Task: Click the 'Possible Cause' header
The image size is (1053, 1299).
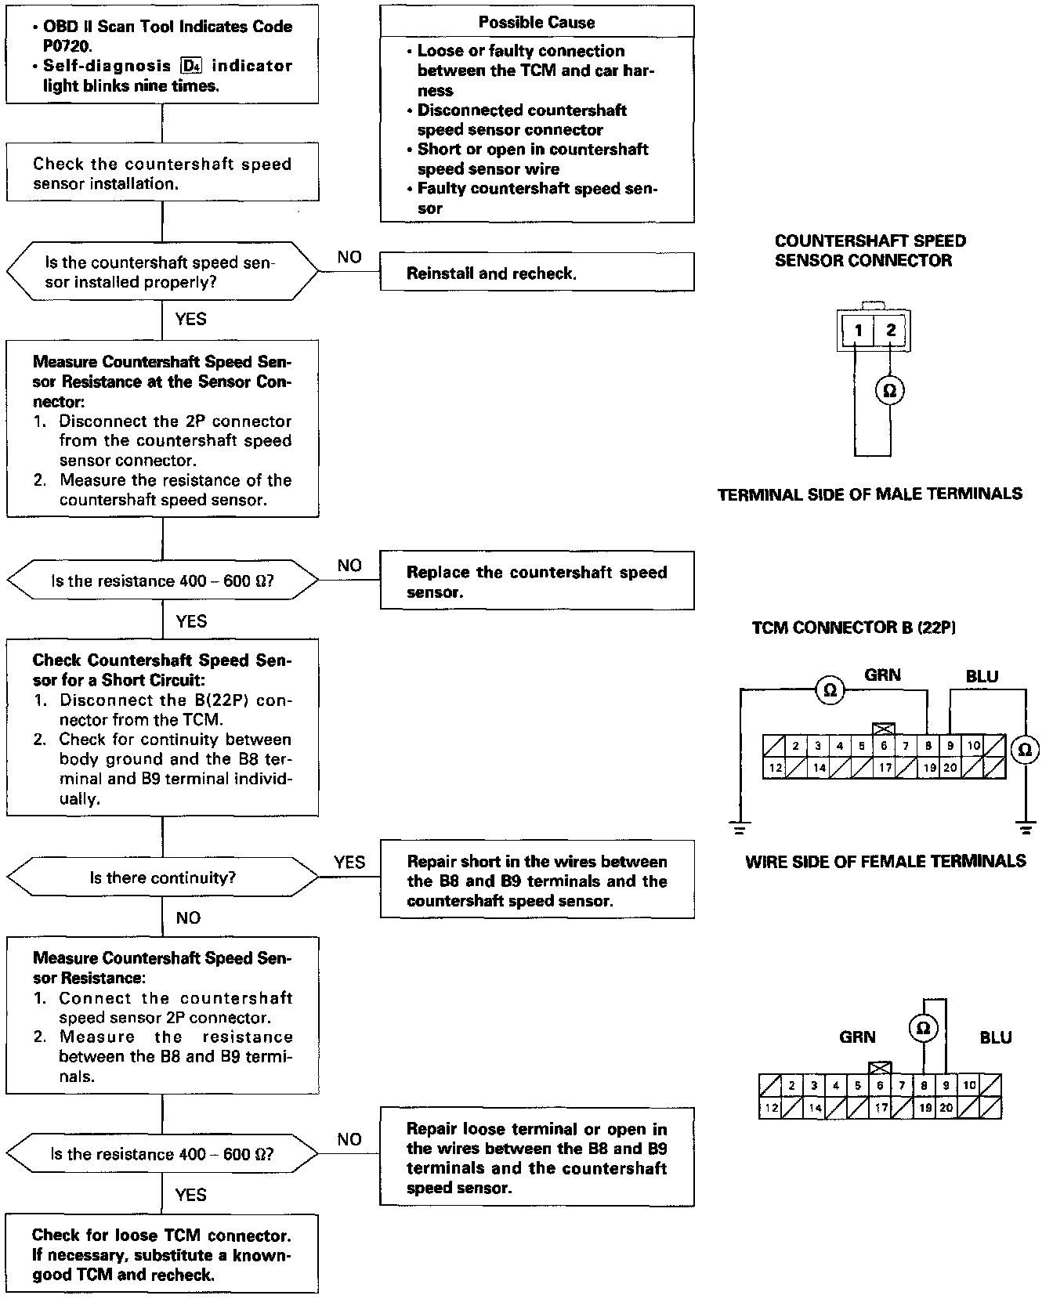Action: (537, 22)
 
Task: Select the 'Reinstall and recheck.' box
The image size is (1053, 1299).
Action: (537, 273)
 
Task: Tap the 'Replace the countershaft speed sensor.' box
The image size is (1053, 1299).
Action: (537, 581)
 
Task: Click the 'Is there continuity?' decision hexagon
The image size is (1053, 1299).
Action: (162, 877)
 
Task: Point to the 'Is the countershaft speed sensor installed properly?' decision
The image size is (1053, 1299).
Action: (162, 272)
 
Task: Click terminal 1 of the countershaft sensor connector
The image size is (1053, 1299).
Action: (859, 330)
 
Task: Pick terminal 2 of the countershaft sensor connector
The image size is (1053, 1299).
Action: (891, 330)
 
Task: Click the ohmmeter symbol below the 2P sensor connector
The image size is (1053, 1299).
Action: (889, 390)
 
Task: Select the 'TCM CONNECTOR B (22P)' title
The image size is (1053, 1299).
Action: (853, 628)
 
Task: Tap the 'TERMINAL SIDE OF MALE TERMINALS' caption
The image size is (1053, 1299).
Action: (870, 494)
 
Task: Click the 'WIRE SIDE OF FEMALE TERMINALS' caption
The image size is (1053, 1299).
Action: (885, 862)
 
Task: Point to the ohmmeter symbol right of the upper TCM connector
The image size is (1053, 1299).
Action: (1024, 750)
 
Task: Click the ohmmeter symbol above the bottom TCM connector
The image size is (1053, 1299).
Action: (924, 1027)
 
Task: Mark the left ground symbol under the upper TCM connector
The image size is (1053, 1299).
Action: (740, 826)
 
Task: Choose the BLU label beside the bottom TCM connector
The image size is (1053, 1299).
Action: (995, 1037)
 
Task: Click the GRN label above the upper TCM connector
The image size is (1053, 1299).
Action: (882, 675)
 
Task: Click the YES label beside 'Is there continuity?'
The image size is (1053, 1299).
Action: (349, 863)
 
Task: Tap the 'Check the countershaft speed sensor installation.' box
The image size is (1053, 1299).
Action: (162, 173)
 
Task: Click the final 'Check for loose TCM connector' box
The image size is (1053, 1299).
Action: (162, 1254)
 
